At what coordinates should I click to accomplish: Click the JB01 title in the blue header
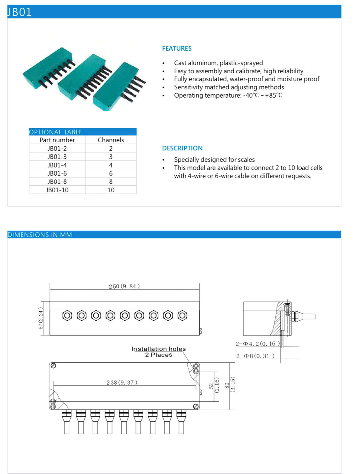(20, 12)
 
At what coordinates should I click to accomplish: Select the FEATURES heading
(177, 48)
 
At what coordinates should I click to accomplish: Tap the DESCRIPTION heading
(182, 148)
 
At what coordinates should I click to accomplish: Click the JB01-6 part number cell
(57, 173)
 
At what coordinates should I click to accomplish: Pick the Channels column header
(111, 140)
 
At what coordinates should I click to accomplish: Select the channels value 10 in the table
(111, 190)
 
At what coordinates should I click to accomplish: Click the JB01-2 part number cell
(57, 149)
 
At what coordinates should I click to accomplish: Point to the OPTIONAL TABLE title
(56, 132)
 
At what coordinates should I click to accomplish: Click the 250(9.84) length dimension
(124, 286)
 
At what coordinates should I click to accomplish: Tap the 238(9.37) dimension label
(122, 383)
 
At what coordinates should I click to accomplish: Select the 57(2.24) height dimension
(41, 319)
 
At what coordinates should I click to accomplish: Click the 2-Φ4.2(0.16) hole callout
(257, 344)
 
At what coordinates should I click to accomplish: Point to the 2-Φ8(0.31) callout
(255, 356)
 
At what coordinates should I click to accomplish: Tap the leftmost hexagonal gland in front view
(67, 315)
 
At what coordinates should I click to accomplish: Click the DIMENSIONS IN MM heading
(40, 235)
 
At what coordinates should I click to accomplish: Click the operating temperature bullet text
(228, 95)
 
